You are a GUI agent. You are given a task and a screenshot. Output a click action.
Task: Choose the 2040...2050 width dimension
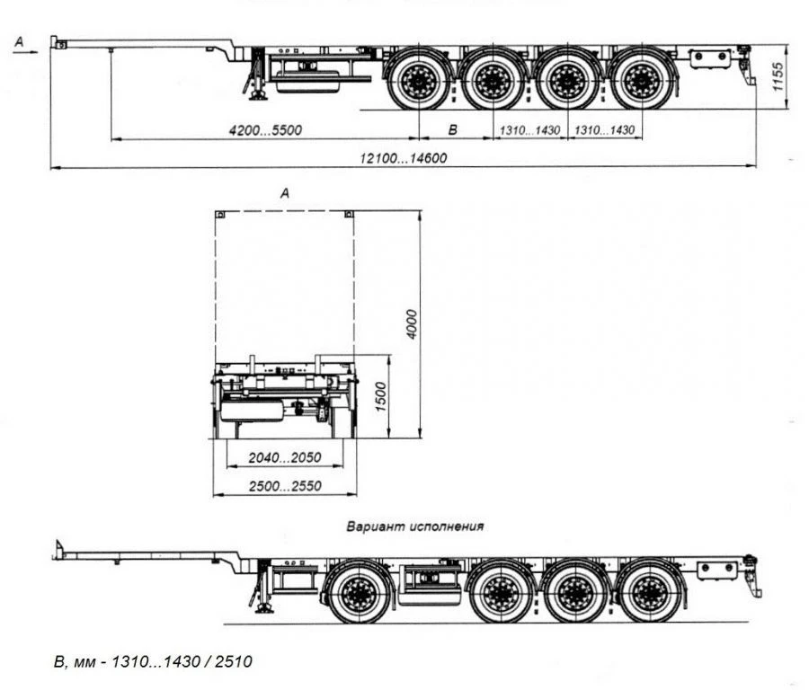(x=284, y=458)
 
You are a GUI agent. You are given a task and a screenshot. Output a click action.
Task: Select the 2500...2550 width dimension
(x=284, y=486)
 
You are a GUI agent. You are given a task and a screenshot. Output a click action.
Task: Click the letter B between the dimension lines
(x=453, y=130)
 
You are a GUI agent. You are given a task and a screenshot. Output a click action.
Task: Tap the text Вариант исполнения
(x=415, y=526)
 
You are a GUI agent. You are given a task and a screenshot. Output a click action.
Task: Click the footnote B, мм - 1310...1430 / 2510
(x=153, y=662)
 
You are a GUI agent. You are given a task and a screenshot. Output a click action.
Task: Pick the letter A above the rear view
(x=285, y=192)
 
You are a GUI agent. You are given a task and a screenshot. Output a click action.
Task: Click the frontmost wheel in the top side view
(x=419, y=81)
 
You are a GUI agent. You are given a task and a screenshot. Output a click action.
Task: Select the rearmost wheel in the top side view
(x=641, y=81)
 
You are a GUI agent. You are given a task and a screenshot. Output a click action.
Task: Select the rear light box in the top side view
(x=710, y=58)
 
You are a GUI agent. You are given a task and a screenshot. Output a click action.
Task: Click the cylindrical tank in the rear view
(x=253, y=411)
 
